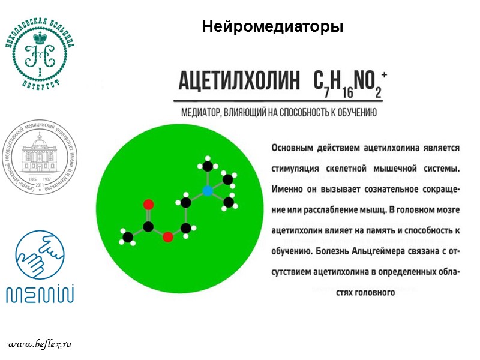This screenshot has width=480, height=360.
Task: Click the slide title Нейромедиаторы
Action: point(272,27)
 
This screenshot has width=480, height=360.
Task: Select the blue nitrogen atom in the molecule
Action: point(207,191)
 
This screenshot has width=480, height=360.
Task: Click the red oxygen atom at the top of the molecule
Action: point(148,205)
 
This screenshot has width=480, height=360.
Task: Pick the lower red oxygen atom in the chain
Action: point(168,236)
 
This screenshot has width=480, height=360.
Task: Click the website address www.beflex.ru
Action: point(40,344)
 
